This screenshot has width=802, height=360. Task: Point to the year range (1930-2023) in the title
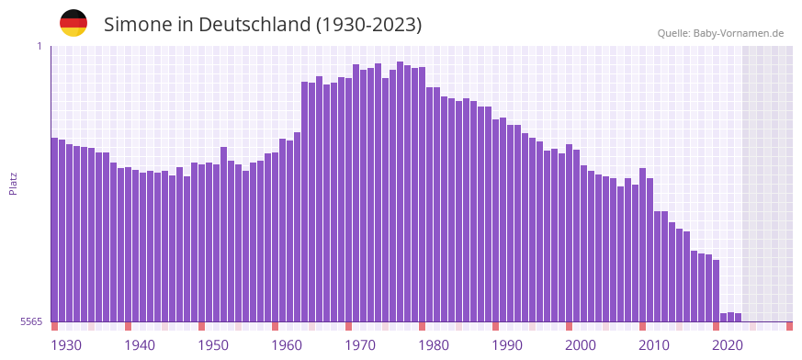coord(368,25)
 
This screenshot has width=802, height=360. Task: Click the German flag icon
coord(73,23)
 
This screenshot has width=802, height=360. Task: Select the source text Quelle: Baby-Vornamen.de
coord(720,33)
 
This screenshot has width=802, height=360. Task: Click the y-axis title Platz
coord(13,183)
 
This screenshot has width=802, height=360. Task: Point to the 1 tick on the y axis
coord(40,46)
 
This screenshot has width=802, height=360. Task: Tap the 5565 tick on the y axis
coord(30,321)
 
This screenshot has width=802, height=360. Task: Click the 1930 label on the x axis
coord(66,345)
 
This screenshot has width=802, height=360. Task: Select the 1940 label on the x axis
coord(140,345)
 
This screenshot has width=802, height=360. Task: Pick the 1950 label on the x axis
coord(213,345)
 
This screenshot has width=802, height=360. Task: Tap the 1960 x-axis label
coord(287,345)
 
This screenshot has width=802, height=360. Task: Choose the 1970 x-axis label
coord(360,345)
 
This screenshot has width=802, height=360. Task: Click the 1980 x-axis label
coord(434,345)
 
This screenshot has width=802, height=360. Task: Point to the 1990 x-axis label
coord(507,345)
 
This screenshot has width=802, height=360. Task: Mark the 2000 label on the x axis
coord(581,345)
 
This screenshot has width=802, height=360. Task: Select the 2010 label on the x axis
coord(654,345)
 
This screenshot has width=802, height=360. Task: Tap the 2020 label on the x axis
coord(728,345)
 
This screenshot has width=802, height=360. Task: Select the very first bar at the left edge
coord(55,230)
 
